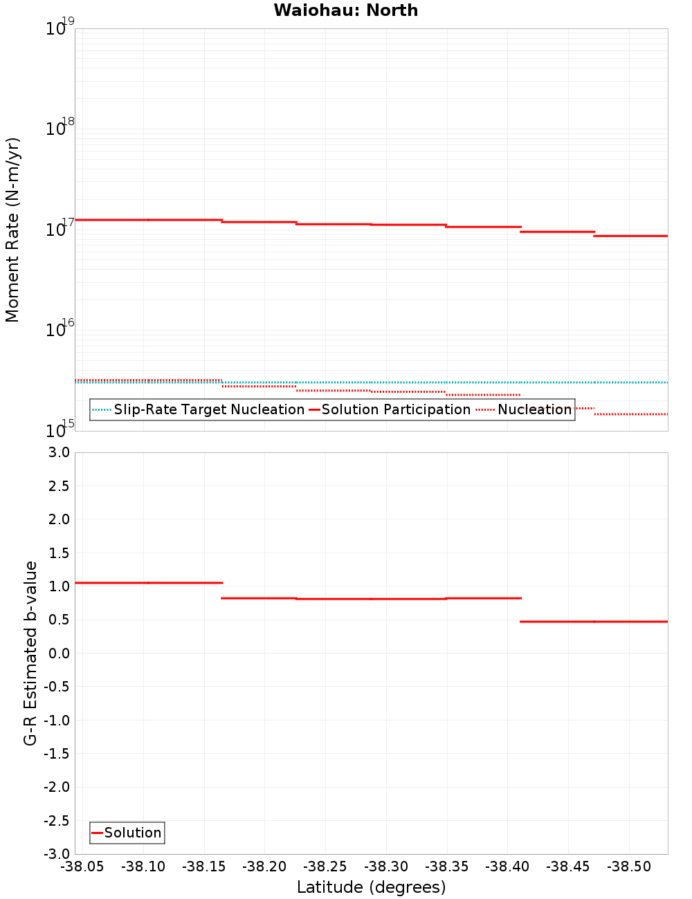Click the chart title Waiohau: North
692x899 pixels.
(x=345, y=10)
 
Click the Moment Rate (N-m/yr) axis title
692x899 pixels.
(x=12, y=230)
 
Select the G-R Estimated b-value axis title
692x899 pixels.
(x=30, y=653)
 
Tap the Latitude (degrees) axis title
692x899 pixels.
(x=371, y=887)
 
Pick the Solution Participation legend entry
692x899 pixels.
(x=395, y=409)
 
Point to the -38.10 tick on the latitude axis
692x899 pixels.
(x=143, y=866)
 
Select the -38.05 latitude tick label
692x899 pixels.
(x=82, y=866)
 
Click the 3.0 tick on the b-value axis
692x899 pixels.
(x=58, y=452)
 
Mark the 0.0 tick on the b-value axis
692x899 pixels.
(x=58, y=653)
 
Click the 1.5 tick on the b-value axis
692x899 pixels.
(x=58, y=553)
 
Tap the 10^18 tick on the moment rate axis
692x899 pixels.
(x=60, y=129)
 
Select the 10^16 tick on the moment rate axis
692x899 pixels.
(x=60, y=330)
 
